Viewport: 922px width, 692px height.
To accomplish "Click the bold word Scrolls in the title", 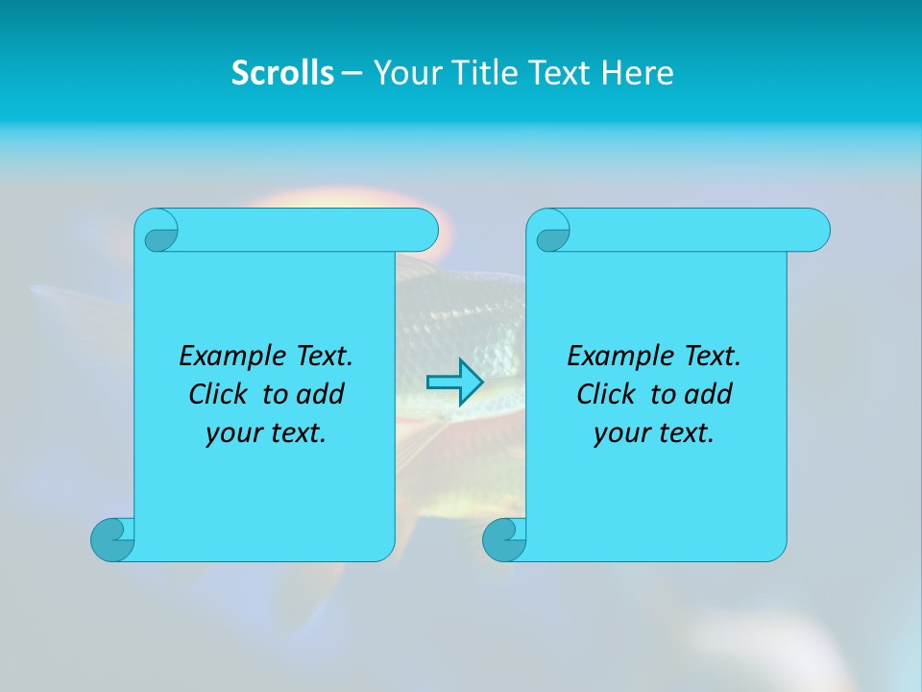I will coord(283,73).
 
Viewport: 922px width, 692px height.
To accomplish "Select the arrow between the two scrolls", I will coord(454,383).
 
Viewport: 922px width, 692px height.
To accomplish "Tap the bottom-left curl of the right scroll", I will coord(504,538).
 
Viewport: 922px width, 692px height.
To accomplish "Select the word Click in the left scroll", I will coord(219,394).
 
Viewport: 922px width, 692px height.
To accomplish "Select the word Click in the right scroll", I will coord(607,394).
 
